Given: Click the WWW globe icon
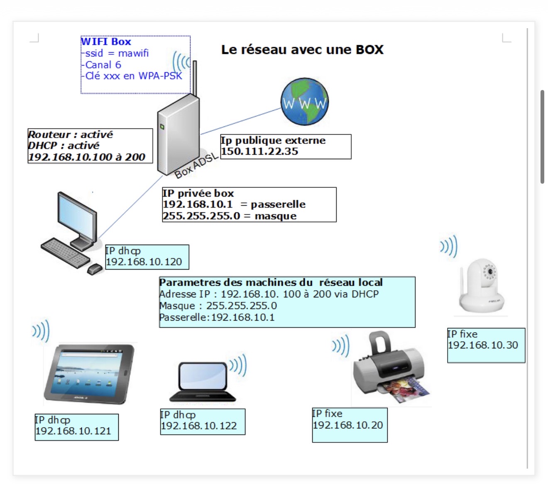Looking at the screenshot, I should (x=305, y=102).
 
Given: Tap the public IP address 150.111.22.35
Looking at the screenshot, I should (x=259, y=151).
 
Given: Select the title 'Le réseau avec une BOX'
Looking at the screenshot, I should (x=302, y=50).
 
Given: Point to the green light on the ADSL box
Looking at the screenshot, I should (x=162, y=126).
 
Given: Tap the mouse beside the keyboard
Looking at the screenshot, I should (x=95, y=269).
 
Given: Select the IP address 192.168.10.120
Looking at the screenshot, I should (x=144, y=262).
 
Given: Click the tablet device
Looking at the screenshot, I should (x=89, y=373).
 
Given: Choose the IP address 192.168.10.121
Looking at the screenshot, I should (x=73, y=431).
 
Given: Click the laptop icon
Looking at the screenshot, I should (x=203, y=382).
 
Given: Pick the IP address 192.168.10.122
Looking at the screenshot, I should (x=199, y=426).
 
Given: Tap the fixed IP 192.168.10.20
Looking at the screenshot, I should (x=348, y=425).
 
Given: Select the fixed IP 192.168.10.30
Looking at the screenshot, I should (x=483, y=345).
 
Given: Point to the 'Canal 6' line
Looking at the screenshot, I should (x=103, y=65).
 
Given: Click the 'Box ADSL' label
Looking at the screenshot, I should (x=196, y=165).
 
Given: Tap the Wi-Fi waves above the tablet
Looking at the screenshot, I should (x=41, y=331).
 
